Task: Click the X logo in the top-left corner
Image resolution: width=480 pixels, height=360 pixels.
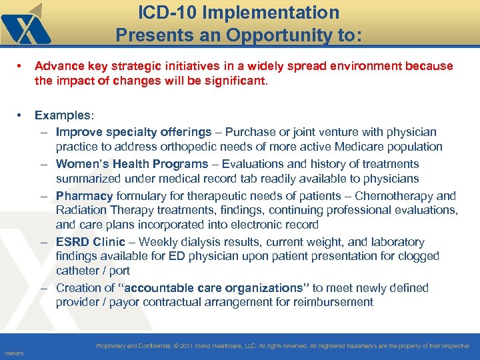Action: coord(25,25)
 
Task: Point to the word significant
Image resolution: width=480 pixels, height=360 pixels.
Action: coord(237,81)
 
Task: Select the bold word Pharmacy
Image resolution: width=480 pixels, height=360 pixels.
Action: coord(84,196)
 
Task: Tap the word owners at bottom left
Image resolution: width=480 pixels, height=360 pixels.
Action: coord(13,353)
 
